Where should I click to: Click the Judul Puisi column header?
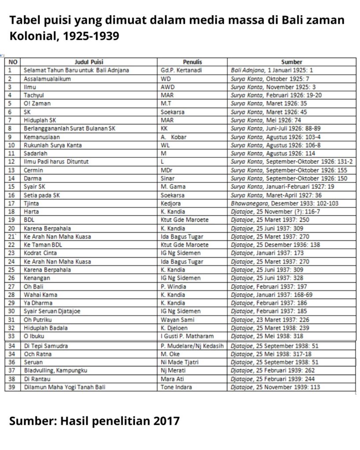[89, 62]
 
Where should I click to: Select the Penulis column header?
[192, 62]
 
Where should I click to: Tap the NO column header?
[13, 62]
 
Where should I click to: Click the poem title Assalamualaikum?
[47, 79]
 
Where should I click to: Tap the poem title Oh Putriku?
[39, 319]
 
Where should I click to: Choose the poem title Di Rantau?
[37, 379]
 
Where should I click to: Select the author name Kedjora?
[171, 203]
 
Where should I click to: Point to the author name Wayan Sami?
[178, 319]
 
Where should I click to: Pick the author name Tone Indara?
[177, 387]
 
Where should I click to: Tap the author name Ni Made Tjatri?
[181, 362]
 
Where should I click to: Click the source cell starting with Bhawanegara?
[284, 203]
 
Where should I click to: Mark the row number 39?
[12, 387]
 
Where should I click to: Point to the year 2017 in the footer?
[167, 421]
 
